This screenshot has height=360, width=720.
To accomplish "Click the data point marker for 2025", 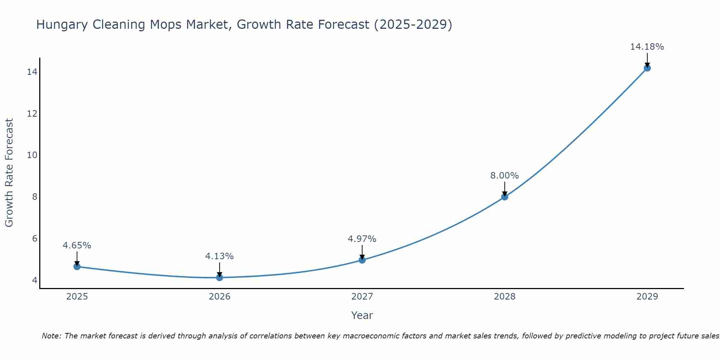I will click(x=77, y=266).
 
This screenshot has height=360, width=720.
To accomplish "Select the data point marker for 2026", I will click(x=220, y=277).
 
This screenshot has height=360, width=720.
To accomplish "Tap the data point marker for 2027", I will click(x=362, y=260).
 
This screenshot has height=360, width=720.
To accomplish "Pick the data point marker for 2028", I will click(x=505, y=197).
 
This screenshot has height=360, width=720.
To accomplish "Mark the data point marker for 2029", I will click(x=647, y=68).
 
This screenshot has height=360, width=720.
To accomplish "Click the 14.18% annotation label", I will click(x=647, y=47).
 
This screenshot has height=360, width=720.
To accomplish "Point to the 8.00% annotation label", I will click(x=504, y=176).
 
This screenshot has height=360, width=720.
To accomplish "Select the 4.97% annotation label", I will click(x=362, y=239).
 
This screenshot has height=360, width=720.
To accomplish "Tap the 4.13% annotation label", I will click(x=219, y=256).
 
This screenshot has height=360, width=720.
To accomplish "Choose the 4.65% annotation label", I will click(x=77, y=246).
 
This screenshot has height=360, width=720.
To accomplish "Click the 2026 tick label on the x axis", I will click(x=220, y=297).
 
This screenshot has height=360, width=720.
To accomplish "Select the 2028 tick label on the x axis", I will click(x=505, y=297).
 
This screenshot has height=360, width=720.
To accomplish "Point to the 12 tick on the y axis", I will click(x=32, y=114).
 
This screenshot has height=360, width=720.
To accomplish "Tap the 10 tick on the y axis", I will click(x=32, y=155).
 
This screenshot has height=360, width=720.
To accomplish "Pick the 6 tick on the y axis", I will click(x=35, y=238).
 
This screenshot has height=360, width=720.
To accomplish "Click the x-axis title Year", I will click(x=362, y=315).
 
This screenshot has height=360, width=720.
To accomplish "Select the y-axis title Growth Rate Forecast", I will click(x=9, y=173).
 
